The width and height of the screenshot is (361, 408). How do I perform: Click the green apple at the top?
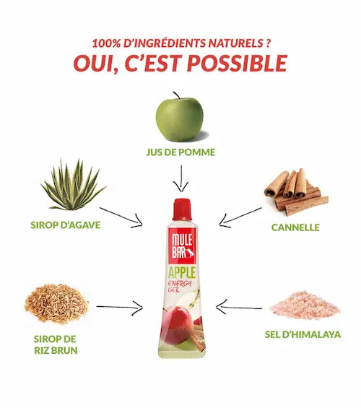coord(179,118)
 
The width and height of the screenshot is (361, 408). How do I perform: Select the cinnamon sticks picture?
coord(296,191)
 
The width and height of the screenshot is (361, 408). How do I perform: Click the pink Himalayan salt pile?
coord(305,305)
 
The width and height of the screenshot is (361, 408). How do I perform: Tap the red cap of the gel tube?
coord(182,209)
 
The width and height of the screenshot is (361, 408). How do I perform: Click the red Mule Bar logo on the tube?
coord(182,246)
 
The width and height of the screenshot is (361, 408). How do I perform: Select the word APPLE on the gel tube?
coord(182,273)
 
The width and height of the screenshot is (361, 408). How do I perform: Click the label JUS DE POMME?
coord(180,152)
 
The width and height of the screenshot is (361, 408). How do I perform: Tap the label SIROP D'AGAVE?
coord(66,225)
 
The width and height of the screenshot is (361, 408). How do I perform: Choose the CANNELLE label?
coord(295,227)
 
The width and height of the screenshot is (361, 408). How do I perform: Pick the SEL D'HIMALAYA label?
coord(303,334)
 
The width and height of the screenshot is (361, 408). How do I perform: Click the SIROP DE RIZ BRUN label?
coord(56,344)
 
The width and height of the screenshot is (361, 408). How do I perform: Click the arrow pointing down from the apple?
coord(181,179)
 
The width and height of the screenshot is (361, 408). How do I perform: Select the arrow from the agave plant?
coord(121,217)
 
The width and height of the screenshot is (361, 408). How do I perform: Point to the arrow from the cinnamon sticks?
coord(240,217)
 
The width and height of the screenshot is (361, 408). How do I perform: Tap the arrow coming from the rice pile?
coord(120,308)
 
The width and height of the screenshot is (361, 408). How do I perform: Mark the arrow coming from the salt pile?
coord(239,308)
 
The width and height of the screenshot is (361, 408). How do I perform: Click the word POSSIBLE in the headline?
coord(238,64)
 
